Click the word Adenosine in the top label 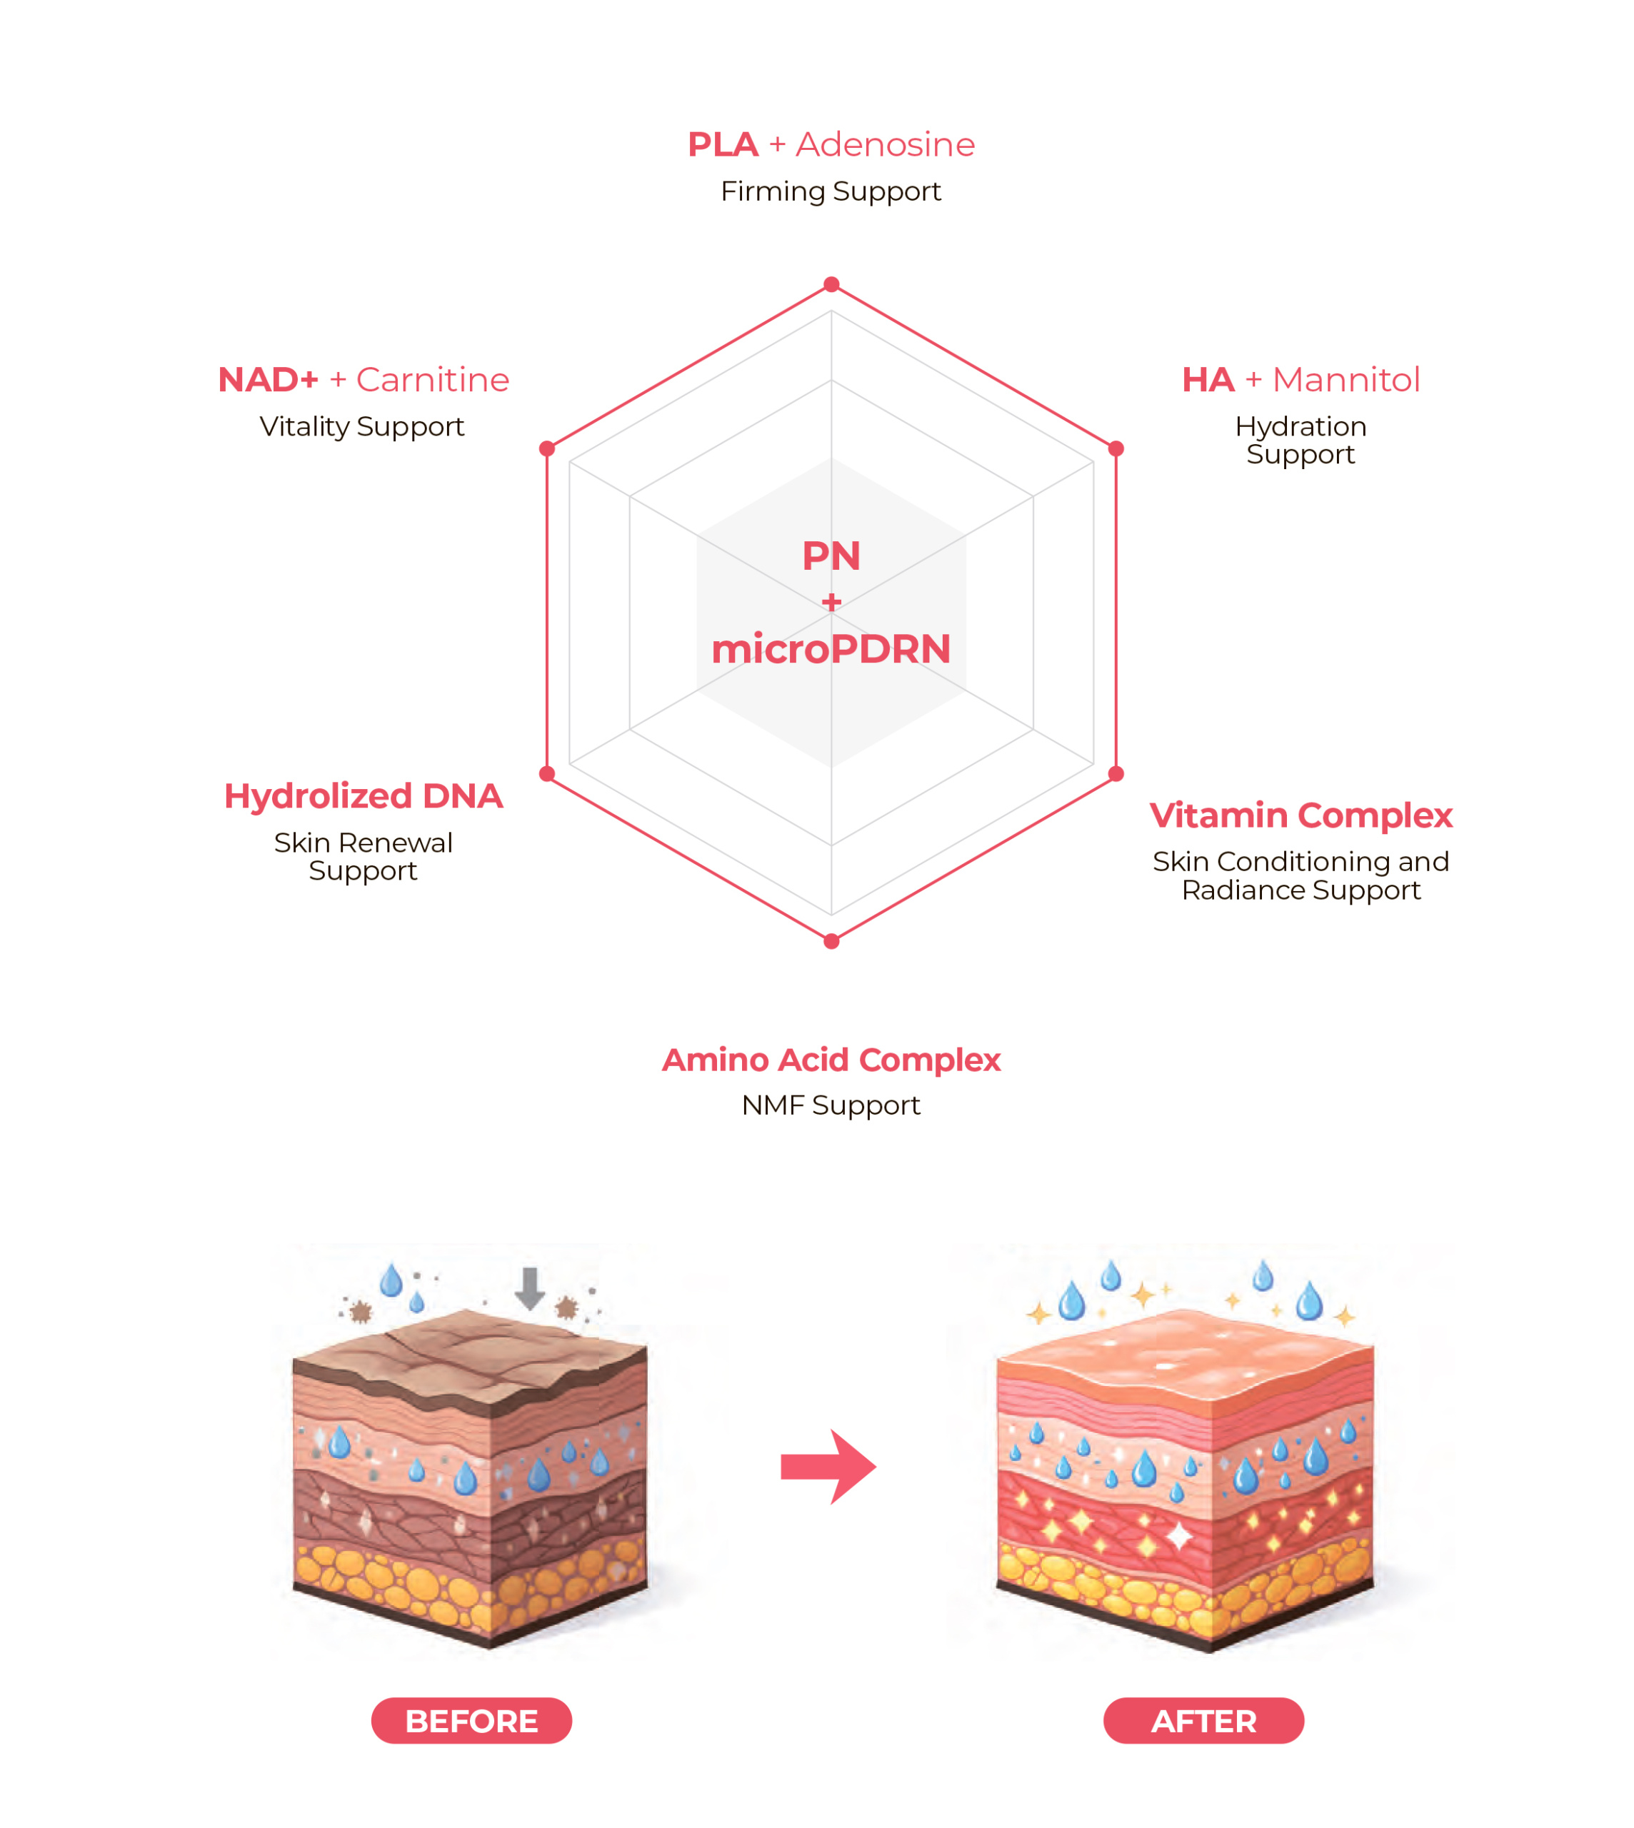point(886,144)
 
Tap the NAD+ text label point(268,380)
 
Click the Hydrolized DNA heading point(363,796)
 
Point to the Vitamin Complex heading point(1301,815)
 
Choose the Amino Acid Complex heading point(831,1060)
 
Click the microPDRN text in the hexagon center point(831,649)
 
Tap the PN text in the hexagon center point(831,556)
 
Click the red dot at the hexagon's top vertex point(831,285)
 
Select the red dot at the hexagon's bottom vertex point(831,941)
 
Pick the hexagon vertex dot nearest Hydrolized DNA point(547,774)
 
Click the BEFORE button point(471,1721)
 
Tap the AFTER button point(1204,1721)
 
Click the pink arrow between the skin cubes point(828,1467)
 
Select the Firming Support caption point(831,192)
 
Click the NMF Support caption point(831,1106)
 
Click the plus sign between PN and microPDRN point(831,601)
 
